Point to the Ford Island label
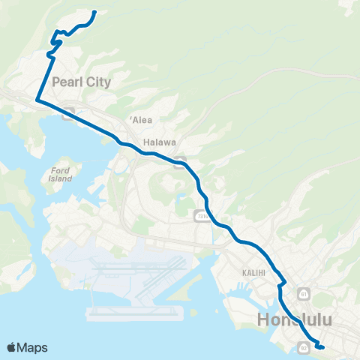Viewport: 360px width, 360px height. (x=61, y=175)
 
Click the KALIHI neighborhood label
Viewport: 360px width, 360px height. (x=254, y=273)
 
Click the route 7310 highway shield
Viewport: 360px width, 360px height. (x=201, y=216)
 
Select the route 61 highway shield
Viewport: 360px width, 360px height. (x=304, y=292)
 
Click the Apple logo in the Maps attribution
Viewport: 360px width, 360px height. (x=12, y=346)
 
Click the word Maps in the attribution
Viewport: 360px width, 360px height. (x=32, y=347)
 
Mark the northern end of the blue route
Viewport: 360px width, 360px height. (x=94, y=12)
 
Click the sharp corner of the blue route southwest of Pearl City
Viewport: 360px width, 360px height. (x=37, y=99)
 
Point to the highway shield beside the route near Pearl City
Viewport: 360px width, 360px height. (x=67, y=115)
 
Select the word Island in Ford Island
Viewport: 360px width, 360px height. (x=61, y=179)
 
